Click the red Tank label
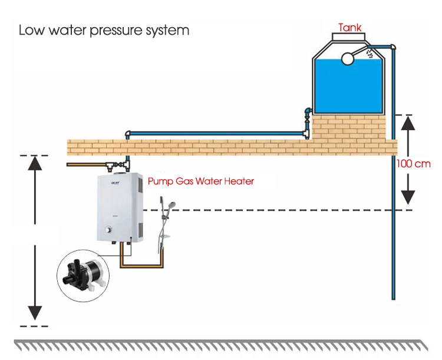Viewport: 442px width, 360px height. click(x=349, y=27)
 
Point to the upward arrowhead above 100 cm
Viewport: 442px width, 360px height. click(x=407, y=124)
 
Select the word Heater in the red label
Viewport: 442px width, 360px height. click(x=239, y=181)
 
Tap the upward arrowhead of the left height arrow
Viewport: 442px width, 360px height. click(x=36, y=164)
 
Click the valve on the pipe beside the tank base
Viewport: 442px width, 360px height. click(x=306, y=113)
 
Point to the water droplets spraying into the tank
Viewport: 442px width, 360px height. click(x=370, y=54)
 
